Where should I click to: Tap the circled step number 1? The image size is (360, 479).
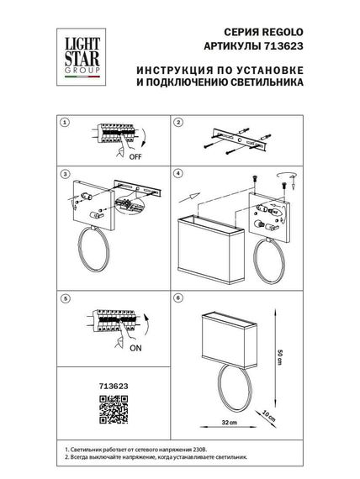[64, 123]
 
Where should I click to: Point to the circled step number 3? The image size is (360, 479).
[64, 174]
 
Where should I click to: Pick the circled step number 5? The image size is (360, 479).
[64, 297]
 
